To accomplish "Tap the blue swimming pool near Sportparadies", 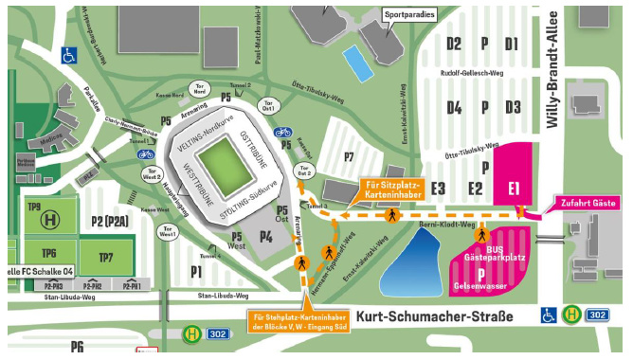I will click(359, 63).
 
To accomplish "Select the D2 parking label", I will click(454, 45).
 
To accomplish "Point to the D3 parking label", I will click(513, 107).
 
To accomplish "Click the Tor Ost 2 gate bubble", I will click(304, 172).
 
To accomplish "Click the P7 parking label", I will click(348, 155).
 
